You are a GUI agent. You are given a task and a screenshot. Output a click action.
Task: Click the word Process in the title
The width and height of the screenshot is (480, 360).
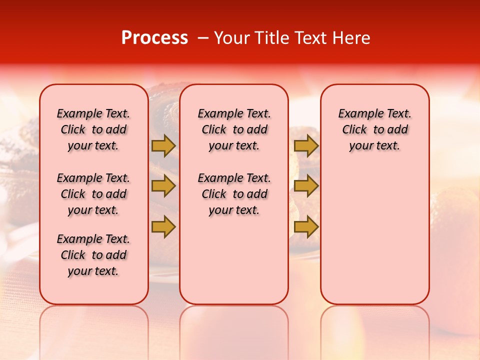click(154, 38)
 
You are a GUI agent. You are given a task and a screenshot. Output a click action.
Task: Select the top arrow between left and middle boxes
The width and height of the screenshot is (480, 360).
click(163, 145)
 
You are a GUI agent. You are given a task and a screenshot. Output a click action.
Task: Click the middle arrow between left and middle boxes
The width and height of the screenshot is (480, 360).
click(163, 186)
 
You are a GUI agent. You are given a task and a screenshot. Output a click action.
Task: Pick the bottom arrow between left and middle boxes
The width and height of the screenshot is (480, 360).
click(163, 226)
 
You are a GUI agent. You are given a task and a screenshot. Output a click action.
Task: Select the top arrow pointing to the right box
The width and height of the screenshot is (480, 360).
click(306, 145)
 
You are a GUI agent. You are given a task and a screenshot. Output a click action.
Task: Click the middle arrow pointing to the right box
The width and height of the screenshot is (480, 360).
click(306, 186)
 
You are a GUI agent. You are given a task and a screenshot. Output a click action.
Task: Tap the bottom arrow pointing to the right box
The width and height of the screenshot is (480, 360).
click(306, 226)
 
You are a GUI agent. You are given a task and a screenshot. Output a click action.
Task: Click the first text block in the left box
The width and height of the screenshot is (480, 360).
click(93, 129)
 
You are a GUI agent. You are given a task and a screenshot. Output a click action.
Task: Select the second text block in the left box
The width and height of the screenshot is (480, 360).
click(93, 194)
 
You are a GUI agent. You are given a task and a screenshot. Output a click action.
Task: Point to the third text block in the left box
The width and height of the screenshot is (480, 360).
click(93, 255)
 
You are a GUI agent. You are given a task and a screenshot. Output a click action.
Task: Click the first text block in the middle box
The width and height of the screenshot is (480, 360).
click(234, 129)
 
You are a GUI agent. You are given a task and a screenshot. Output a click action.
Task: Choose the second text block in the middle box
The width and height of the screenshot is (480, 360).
click(234, 194)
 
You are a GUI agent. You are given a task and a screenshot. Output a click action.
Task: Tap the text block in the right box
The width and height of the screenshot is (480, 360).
click(374, 129)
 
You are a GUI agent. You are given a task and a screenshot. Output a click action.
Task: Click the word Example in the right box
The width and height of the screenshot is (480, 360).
click(356, 114)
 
